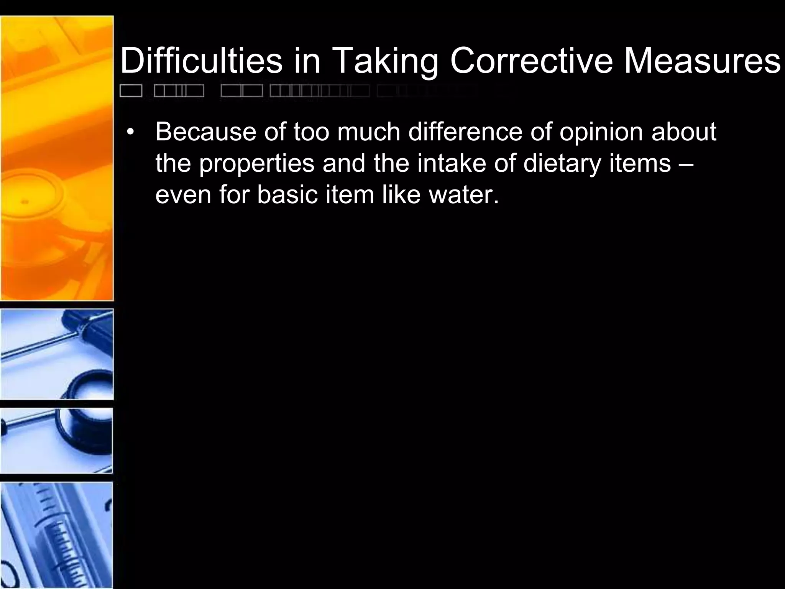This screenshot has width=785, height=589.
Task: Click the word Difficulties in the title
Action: (x=201, y=61)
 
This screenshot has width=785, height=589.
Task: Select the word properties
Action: (x=257, y=164)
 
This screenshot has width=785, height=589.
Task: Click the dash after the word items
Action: (x=686, y=164)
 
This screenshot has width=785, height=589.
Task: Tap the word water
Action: (x=464, y=195)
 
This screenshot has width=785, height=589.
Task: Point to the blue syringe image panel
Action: (x=57, y=535)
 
